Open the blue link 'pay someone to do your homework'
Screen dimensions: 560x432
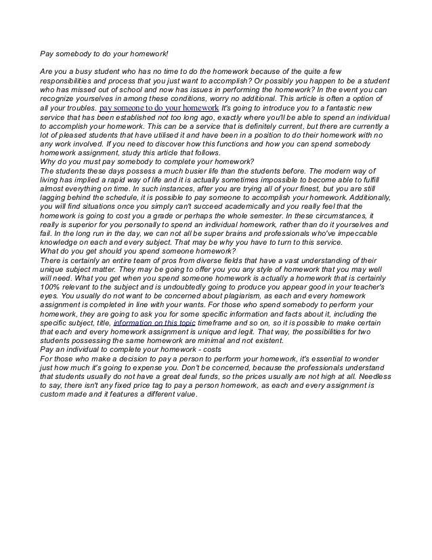[159, 108]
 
